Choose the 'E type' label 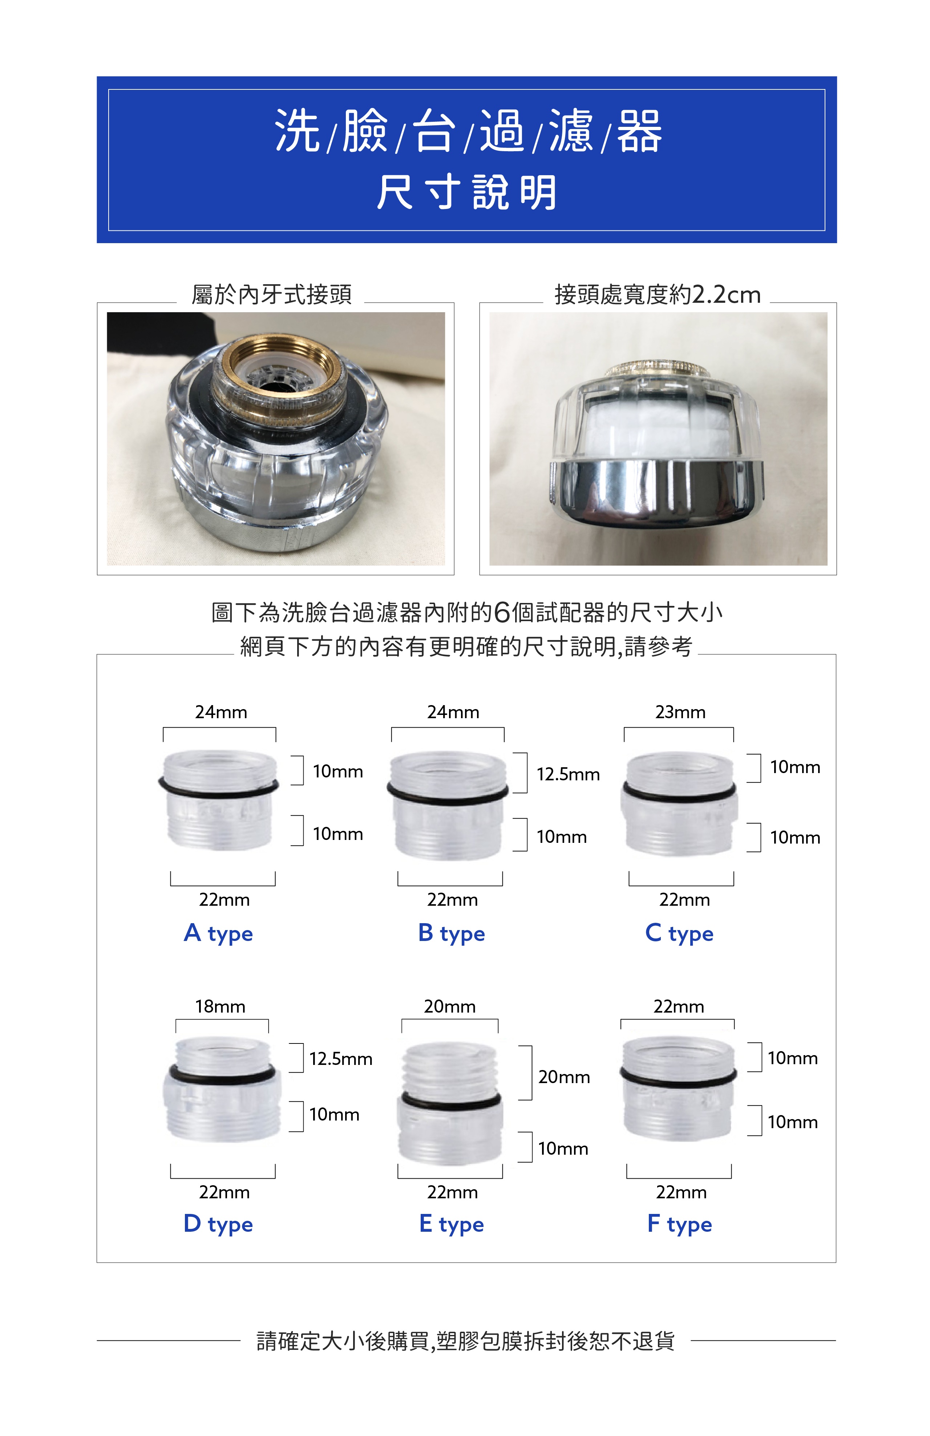pos(451,1224)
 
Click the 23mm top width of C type pos(680,712)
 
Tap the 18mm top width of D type pos(220,1006)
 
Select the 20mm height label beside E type pos(564,1077)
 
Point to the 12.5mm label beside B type pos(568,774)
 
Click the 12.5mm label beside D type pos(341,1059)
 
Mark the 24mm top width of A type pos(221,712)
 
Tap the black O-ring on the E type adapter pos(450,1102)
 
